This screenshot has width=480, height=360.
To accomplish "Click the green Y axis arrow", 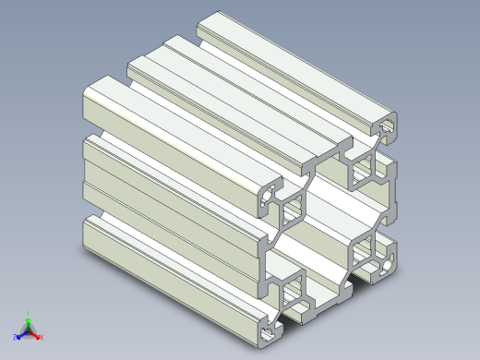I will tap(29, 318).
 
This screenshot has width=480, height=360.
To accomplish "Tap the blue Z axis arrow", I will tap(21, 333).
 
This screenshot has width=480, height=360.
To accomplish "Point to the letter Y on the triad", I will tap(29, 312).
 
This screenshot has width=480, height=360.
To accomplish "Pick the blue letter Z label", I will tap(16, 336).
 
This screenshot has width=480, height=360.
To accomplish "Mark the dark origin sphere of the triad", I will tap(29, 329).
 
